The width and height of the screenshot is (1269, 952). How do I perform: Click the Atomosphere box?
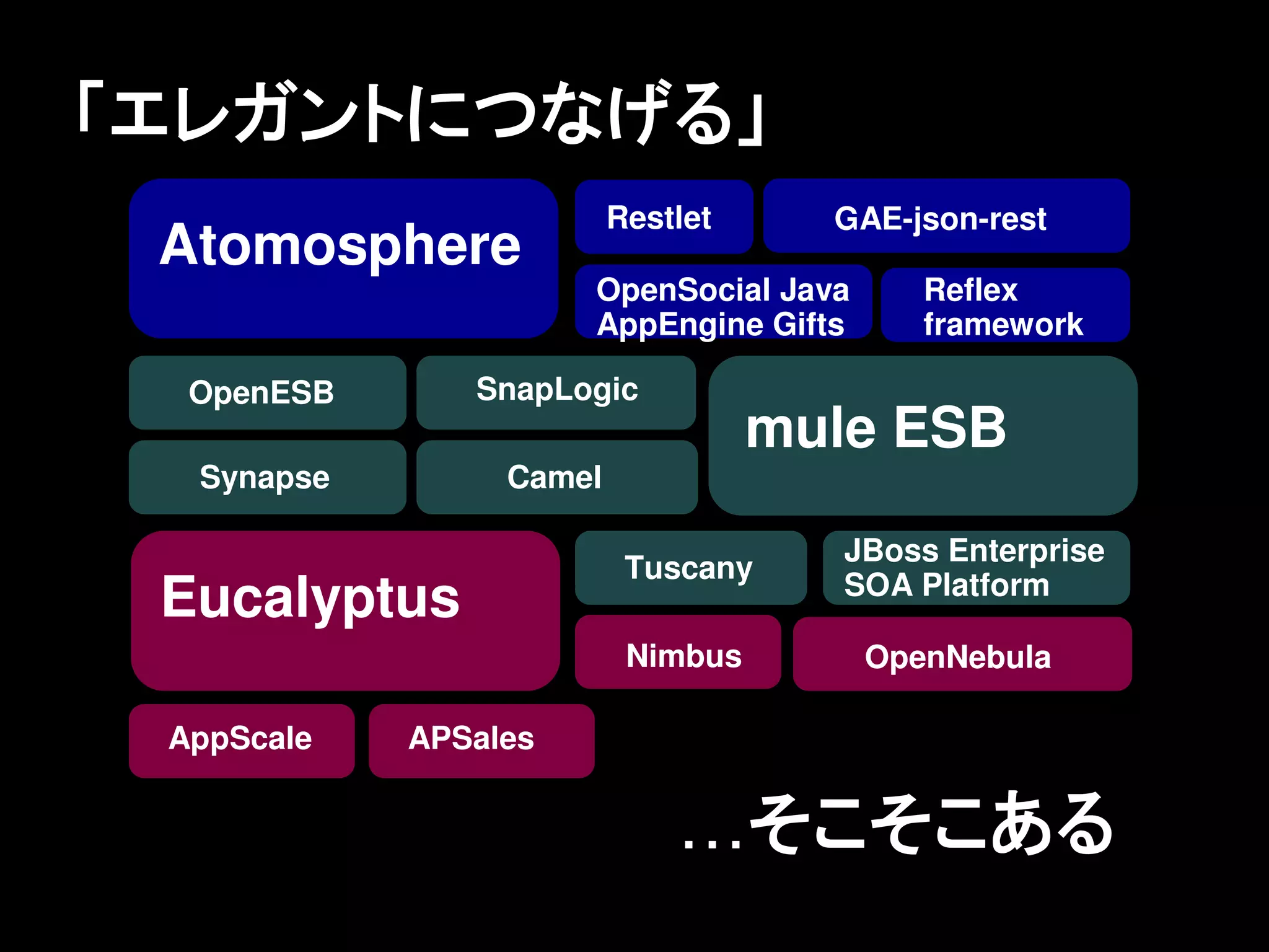[x=343, y=258]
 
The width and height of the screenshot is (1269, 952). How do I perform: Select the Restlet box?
[x=663, y=217]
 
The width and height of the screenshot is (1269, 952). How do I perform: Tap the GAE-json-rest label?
[x=940, y=219]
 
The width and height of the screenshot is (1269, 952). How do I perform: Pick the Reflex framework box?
[x=1004, y=305]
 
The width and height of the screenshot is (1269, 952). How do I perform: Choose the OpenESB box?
[x=267, y=392]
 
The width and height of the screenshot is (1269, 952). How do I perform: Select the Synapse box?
[x=267, y=477]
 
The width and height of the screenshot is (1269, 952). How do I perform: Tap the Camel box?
[x=556, y=477]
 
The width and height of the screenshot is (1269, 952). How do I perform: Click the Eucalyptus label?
[x=310, y=597]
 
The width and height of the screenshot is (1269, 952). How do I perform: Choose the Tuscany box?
[x=690, y=568]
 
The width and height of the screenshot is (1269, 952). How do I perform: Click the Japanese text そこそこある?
[x=929, y=824]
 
